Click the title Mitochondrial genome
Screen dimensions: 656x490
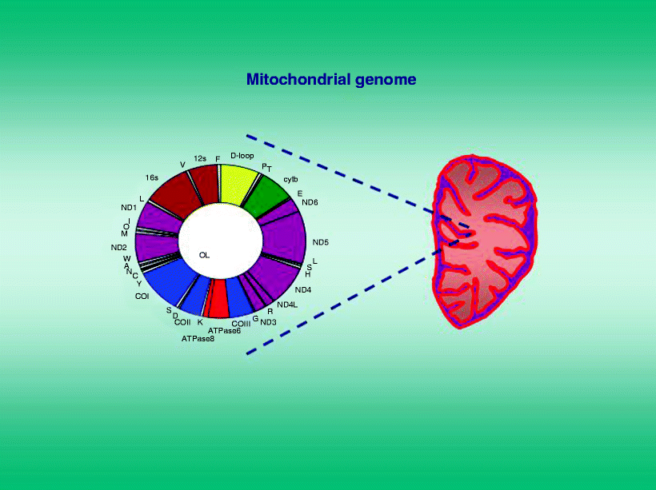(x=331, y=79)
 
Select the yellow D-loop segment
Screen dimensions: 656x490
(x=238, y=183)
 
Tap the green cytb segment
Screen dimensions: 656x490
(x=265, y=196)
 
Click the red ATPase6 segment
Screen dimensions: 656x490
(x=218, y=298)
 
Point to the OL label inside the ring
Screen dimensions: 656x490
(x=204, y=255)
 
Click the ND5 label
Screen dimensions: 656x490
(x=321, y=242)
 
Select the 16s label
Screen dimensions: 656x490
(x=152, y=177)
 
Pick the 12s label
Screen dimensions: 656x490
(x=200, y=158)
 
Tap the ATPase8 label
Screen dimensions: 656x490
(x=198, y=339)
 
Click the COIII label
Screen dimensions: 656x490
(x=241, y=324)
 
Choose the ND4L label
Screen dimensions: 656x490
(x=287, y=305)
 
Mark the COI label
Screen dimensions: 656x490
(x=142, y=296)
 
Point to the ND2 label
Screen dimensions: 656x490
(x=119, y=248)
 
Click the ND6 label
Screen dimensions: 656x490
(x=310, y=202)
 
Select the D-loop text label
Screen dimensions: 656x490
(x=242, y=156)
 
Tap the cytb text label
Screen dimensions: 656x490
(x=290, y=179)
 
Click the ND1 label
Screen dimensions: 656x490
(x=129, y=208)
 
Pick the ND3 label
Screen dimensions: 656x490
(x=268, y=322)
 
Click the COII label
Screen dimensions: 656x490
(x=182, y=322)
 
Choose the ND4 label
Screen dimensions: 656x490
(x=303, y=289)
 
